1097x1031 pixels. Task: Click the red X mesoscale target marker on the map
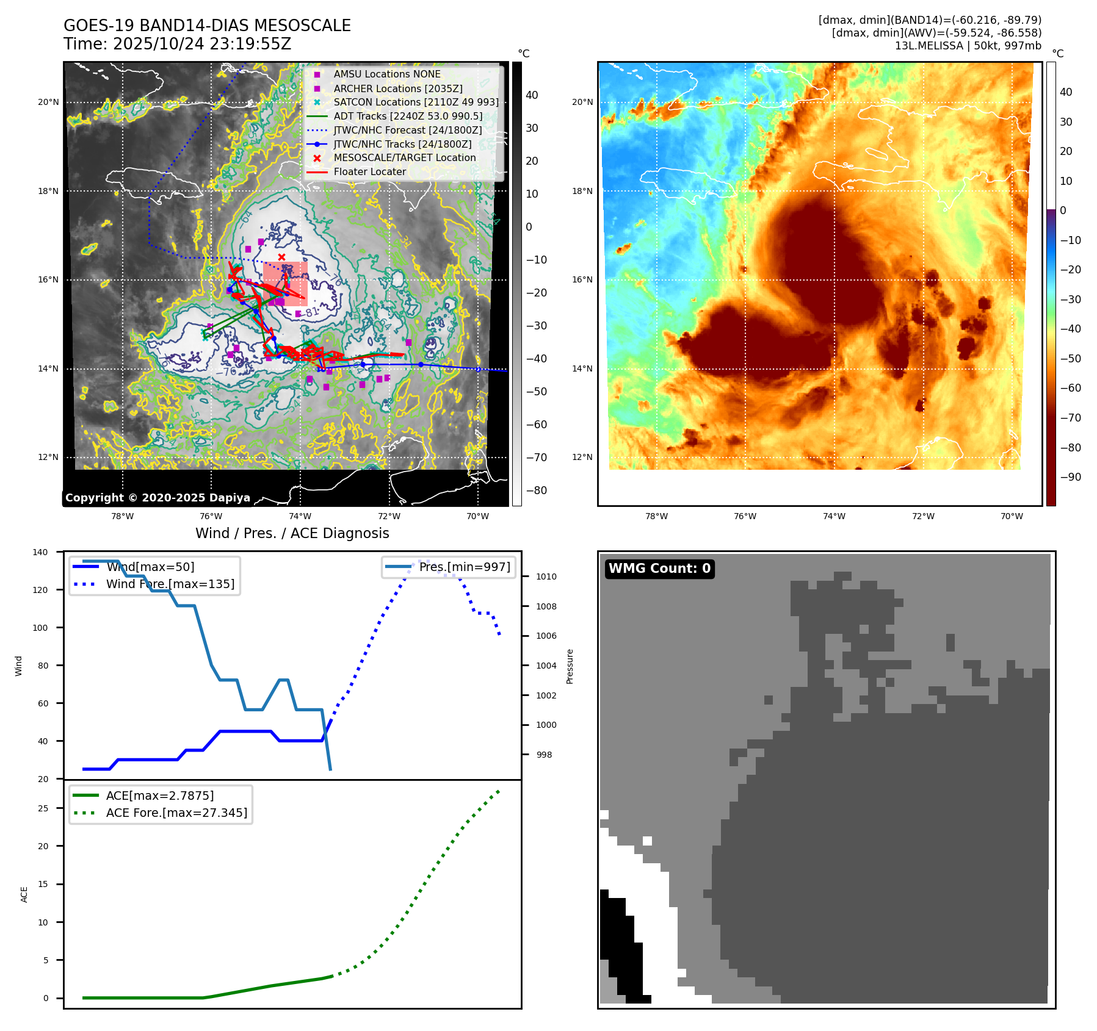[x=281, y=257]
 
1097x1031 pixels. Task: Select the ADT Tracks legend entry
[x=408, y=116]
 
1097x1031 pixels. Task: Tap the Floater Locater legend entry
[x=369, y=171]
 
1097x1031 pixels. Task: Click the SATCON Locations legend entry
[x=416, y=102]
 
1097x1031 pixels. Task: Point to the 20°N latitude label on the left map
[x=48, y=102]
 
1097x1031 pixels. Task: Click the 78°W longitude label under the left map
[x=122, y=516]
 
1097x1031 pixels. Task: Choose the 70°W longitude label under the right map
[x=1012, y=516]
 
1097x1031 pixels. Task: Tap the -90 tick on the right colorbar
[x=1070, y=477]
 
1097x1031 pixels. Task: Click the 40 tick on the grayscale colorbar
[x=532, y=95]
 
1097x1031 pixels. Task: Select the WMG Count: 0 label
[x=659, y=569]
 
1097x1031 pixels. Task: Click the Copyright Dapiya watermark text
[x=157, y=498]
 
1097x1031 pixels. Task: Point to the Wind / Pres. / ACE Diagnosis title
[x=292, y=533]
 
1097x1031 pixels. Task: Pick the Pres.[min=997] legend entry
[x=464, y=567]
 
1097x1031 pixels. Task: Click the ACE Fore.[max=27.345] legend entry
[x=176, y=813]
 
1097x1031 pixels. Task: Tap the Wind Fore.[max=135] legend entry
[x=170, y=584]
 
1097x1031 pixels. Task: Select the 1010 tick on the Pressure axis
[x=546, y=577]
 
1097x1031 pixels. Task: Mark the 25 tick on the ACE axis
[x=43, y=808]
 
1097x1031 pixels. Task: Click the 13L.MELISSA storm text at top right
[x=968, y=46]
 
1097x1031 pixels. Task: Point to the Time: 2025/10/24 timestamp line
[x=177, y=44]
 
